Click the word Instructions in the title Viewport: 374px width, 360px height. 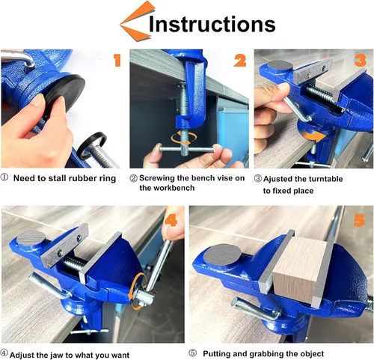point(212,24)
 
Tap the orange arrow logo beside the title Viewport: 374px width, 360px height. point(136,21)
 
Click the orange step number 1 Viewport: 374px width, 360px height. point(117,60)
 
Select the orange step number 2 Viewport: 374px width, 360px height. point(239,61)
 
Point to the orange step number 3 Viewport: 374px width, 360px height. point(361,60)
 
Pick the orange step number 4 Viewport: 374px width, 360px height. point(171,220)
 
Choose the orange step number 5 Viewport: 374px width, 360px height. point(359,220)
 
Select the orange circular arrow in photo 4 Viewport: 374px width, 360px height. point(136,290)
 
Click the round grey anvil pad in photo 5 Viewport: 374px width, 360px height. point(222,254)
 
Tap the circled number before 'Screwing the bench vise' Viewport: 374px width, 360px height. point(134,178)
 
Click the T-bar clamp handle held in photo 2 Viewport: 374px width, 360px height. point(186,150)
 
